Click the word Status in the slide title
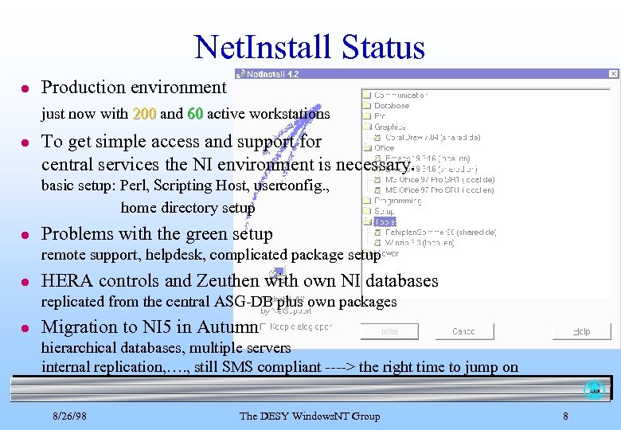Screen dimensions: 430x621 click(382, 47)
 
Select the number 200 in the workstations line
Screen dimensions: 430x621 click(144, 114)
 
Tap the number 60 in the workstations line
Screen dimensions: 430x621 click(194, 114)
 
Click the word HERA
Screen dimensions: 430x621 click(68, 280)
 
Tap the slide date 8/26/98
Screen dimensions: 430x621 click(70, 416)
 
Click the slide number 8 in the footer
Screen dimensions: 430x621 click(565, 416)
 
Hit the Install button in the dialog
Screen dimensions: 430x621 click(389, 331)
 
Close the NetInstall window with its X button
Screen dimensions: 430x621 click(613, 74)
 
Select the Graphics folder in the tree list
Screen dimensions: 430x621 click(389, 127)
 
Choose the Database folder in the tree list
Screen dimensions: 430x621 click(391, 105)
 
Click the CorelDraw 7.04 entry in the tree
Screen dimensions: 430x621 click(422, 137)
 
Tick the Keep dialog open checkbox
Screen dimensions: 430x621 click(264, 326)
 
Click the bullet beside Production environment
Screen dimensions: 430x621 click(25, 88)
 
